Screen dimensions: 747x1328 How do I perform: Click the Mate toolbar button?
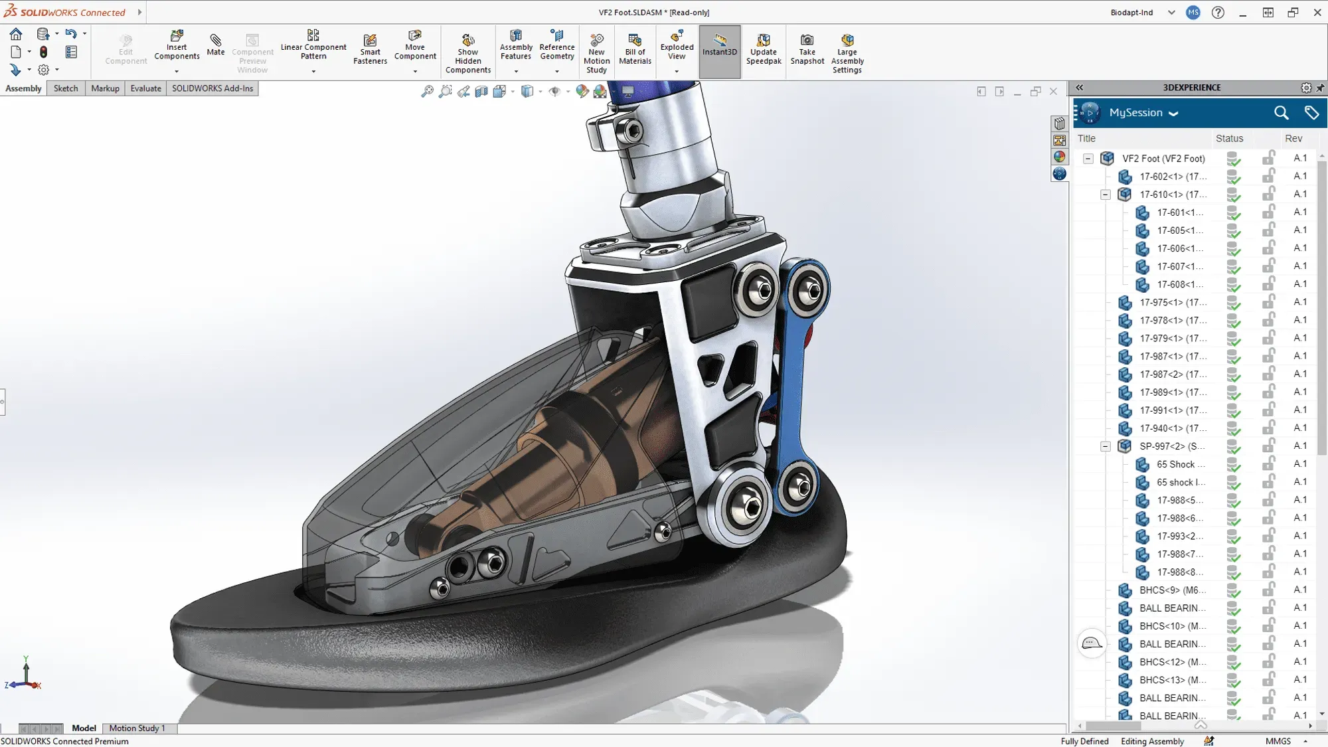(215, 44)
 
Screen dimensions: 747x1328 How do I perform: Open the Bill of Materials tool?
(635, 49)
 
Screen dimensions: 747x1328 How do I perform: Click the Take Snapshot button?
(807, 49)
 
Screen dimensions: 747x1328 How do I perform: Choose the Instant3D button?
(720, 44)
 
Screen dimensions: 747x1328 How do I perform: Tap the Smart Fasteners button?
(370, 49)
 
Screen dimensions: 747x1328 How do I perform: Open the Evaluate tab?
(145, 88)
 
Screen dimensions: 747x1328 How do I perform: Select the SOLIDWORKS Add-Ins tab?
(212, 88)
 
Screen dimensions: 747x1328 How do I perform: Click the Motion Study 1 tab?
(137, 728)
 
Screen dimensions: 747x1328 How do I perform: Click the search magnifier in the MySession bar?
(1281, 113)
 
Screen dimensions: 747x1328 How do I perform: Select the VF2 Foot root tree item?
(1163, 159)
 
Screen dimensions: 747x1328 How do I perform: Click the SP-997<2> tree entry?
(1172, 446)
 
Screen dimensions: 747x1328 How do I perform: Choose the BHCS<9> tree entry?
(1172, 590)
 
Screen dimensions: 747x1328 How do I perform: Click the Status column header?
(1229, 138)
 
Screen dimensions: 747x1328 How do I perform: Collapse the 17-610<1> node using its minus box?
(1106, 195)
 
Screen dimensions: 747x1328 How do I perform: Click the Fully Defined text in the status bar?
(1084, 741)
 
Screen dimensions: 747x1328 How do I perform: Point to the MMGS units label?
(1278, 741)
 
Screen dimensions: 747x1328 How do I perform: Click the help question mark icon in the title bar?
(1218, 13)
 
